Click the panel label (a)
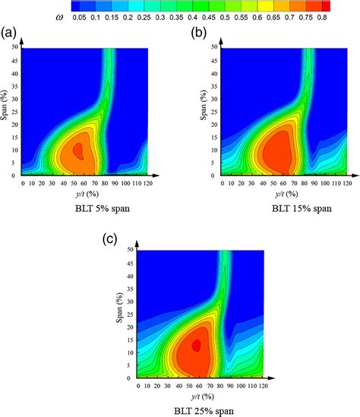click(10, 33)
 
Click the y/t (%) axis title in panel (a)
click(74, 192)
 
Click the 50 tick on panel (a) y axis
click(14, 49)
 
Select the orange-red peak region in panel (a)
click(78, 152)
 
